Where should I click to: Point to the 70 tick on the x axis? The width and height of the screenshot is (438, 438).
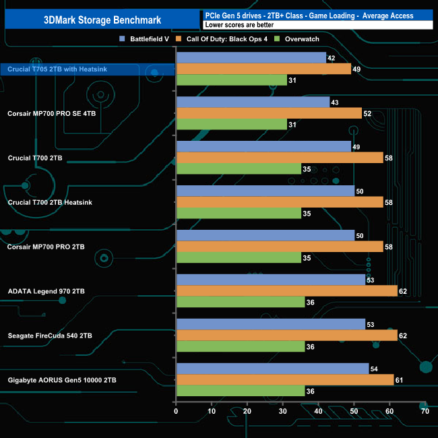coord(425,411)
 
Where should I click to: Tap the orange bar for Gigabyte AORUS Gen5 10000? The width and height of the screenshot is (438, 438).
coord(284,380)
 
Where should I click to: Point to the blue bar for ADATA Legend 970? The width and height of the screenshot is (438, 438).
coord(270,280)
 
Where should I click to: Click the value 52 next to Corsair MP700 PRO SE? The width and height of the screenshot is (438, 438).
coord(367,113)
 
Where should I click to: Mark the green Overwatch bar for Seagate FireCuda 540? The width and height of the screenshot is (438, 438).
coord(240,347)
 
